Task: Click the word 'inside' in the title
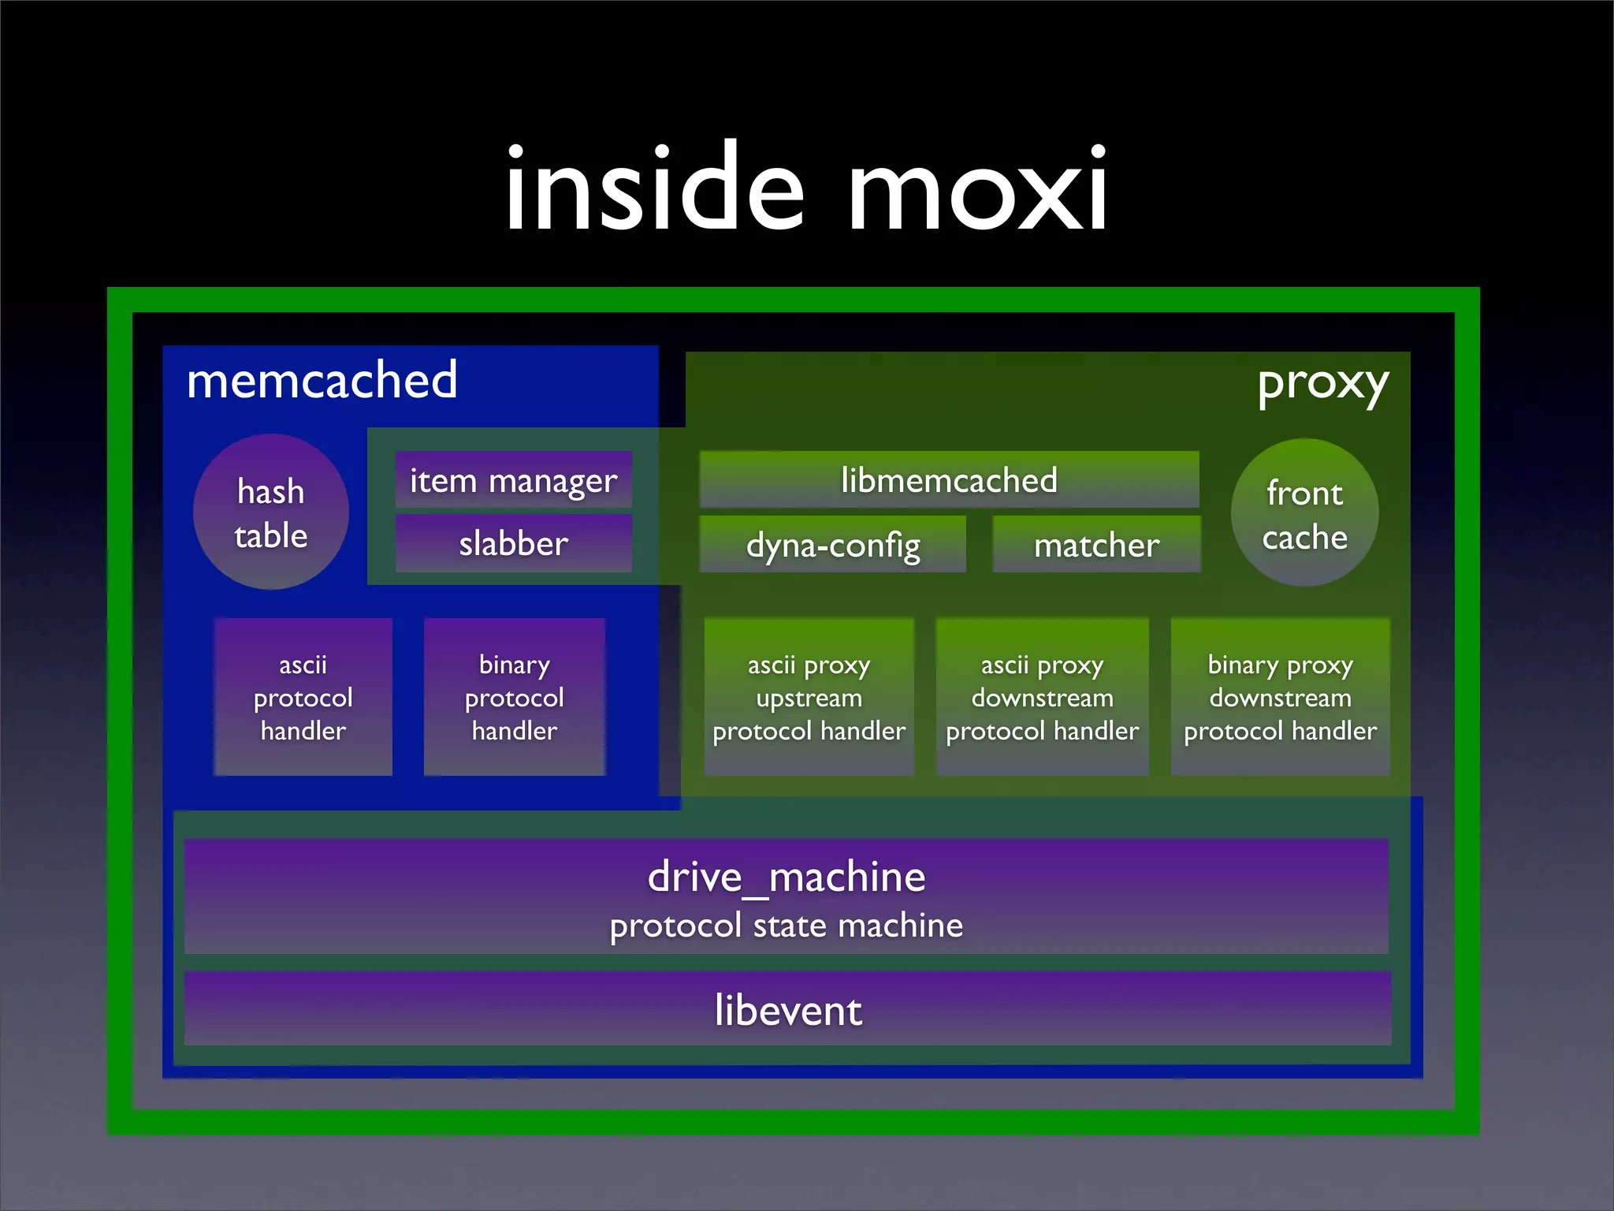(x=654, y=189)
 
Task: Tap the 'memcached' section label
(x=322, y=381)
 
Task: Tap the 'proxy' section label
(x=1322, y=385)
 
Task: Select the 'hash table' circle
(x=271, y=512)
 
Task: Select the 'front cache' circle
(x=1304, y=513)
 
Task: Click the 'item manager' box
(x=513, y=480)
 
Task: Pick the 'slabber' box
(x=513, y=543)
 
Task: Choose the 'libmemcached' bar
(x=949, y=479)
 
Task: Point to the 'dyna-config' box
(x=833, y=544)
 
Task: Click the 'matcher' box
(x=1096, y=544)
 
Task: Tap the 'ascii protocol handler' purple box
(x=303, y=697)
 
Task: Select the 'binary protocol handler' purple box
(x=515, y=697)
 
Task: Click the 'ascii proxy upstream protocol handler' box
(x=809, y=697)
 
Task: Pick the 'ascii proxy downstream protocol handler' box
(x=1042, y=697)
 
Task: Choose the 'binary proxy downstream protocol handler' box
(x=1280, y=697)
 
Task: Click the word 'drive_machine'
(x=787, y=877)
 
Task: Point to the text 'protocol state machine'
(x=787, y=926)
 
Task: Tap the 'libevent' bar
(x=788, y=1010)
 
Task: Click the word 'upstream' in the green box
(x=809, y=698)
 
